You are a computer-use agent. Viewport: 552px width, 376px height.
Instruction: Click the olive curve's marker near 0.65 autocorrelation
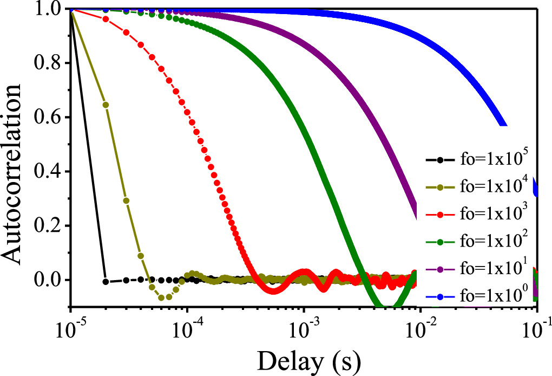[x=106, y=105]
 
